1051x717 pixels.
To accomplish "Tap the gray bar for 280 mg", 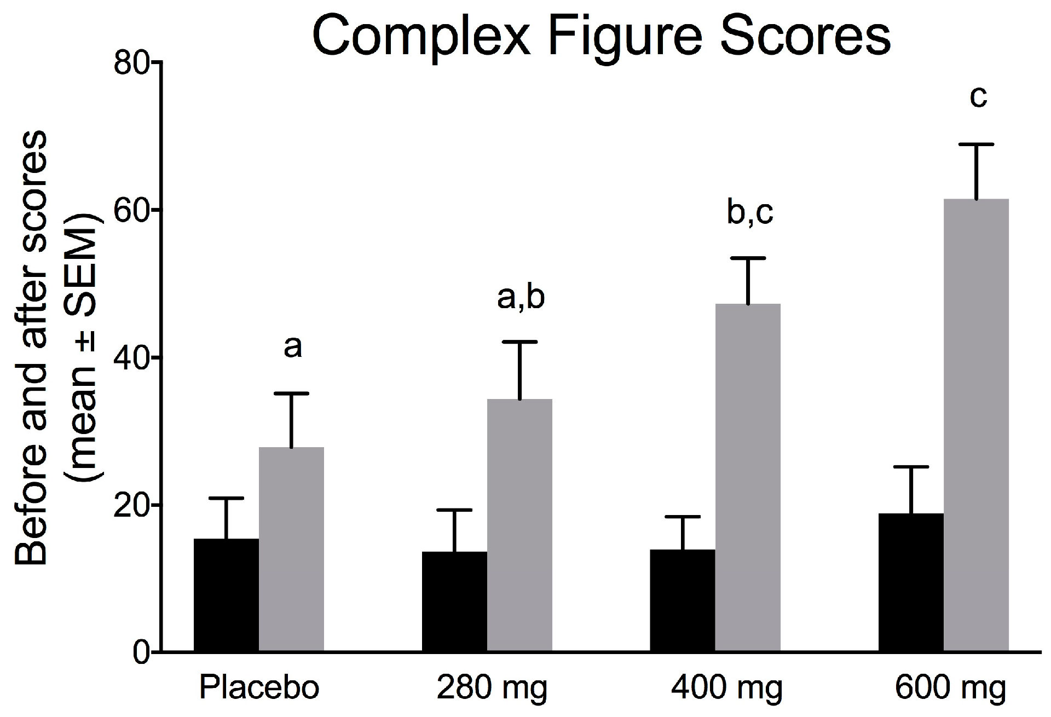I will (x=519, y=525).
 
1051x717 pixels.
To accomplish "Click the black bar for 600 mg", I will (x=911, y=582).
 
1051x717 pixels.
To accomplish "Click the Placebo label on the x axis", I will (x=259, y=687).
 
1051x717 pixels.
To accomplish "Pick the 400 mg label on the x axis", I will (x=727, y=687).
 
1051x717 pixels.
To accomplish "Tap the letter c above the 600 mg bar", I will (x=978, y=97).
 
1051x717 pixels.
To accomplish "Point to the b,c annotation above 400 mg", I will (x=749, y=213).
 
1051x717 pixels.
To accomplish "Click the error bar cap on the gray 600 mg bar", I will (x=976, y=144).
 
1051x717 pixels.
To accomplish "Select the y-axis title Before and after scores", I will (x=33, y=350).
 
